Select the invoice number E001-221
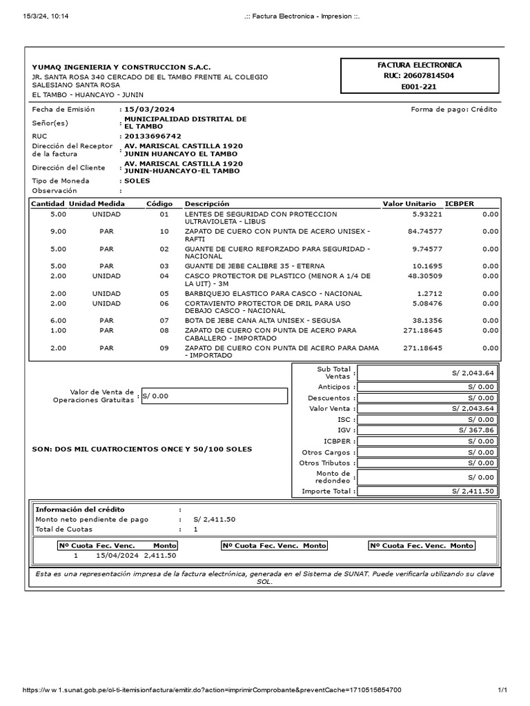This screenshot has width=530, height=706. tap(420, 87)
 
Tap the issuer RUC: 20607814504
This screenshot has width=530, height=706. tap(420, 76)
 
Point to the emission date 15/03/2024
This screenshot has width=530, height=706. tap(146, 110)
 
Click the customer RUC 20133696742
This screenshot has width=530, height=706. tap(153, 137)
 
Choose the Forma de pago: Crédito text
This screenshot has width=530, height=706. tap(453, 110)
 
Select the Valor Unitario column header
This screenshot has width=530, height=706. tap(409, 204)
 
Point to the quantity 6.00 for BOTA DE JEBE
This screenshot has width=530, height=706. tap(59, 321)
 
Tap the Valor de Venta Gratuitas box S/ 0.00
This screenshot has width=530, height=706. tap(214, 396)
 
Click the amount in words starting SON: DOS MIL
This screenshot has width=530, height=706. tap(142, 449)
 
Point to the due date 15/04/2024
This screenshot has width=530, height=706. tap(117, 555)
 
